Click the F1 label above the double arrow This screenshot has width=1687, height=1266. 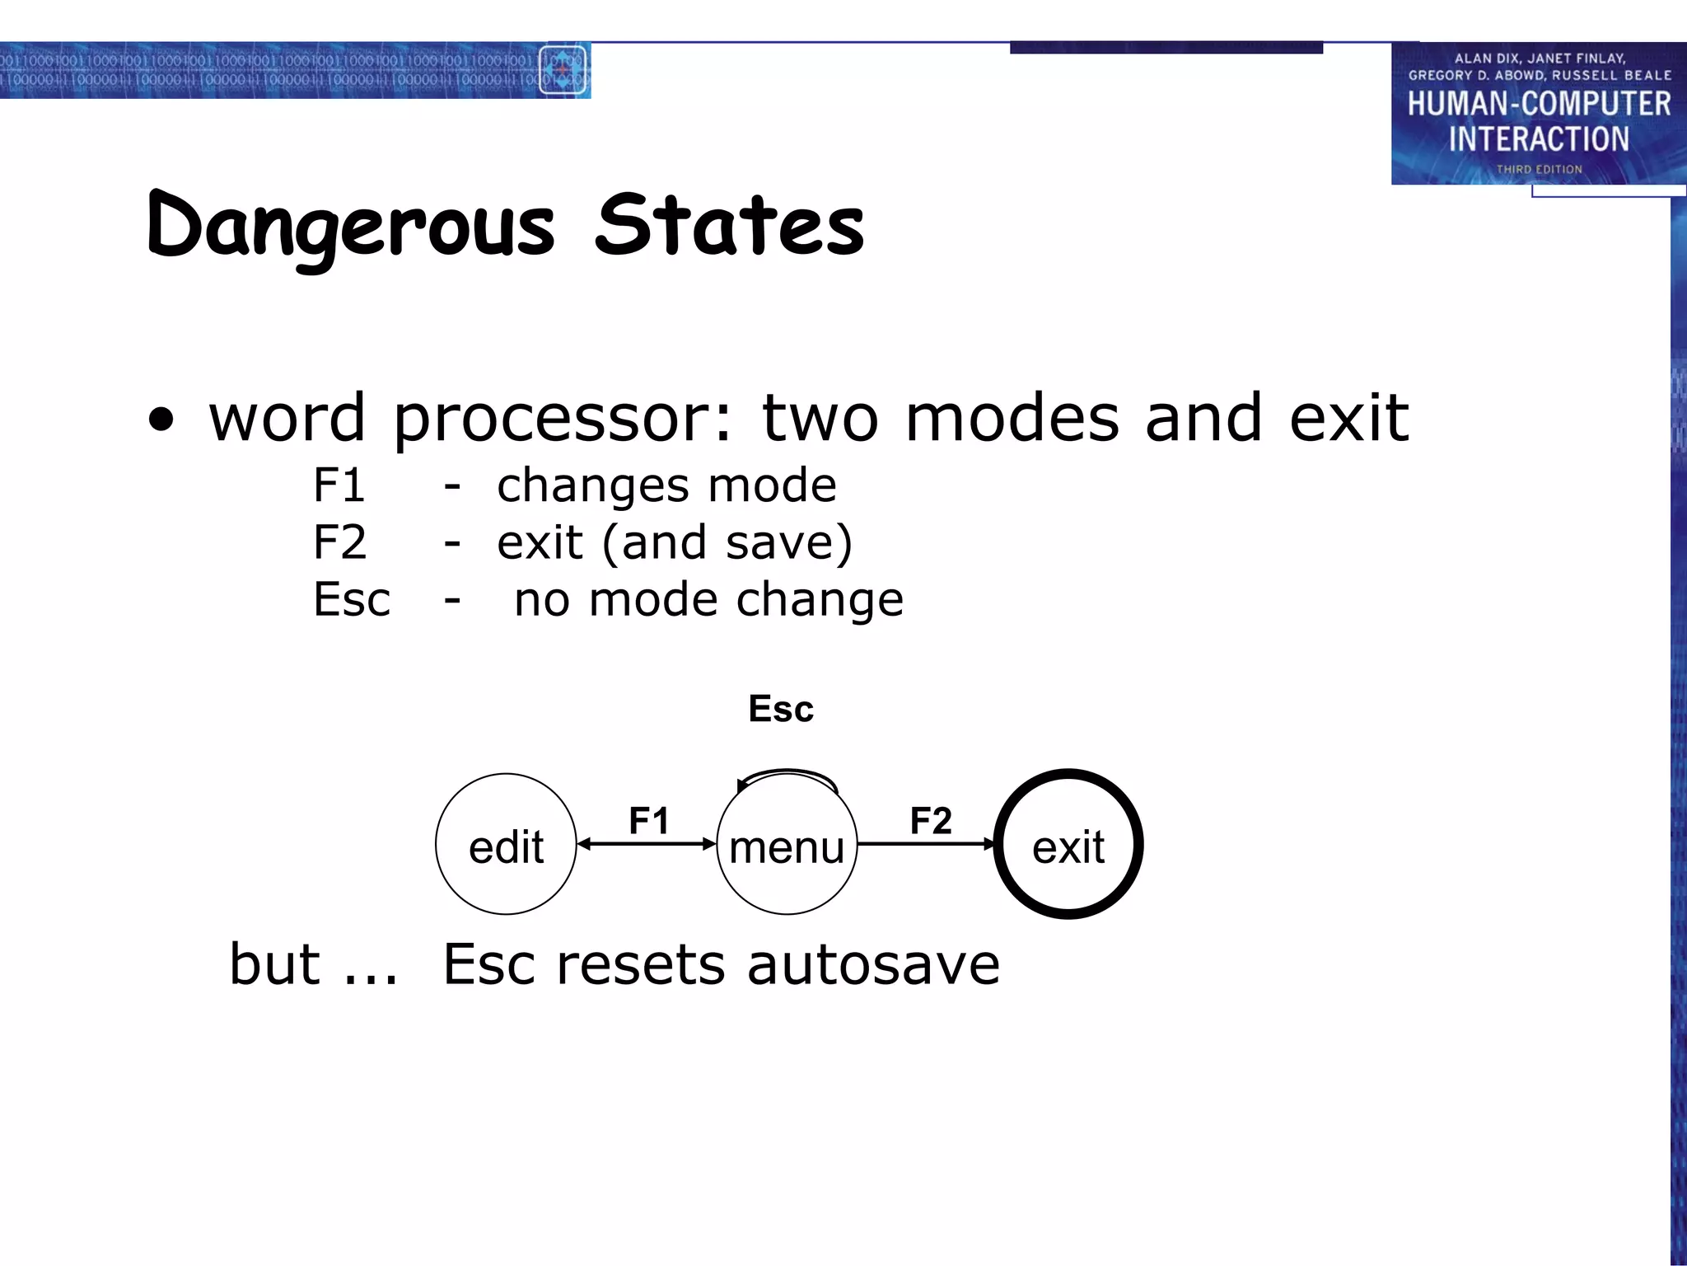[x=649, y=820]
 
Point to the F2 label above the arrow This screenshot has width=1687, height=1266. [x=931, y=820]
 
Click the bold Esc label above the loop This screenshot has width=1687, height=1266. [x=781, y=709]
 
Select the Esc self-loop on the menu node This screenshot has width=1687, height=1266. [x=787, y=776]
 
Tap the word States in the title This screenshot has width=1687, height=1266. [x=730, y=224]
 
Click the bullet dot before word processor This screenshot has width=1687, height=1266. [x=162, y=420]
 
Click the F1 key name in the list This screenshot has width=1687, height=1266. [x=339, y=485]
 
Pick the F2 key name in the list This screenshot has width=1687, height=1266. [x=339, y=542]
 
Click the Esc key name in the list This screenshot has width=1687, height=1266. [x=352, y=599]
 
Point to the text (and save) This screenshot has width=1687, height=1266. [x=727, y=542]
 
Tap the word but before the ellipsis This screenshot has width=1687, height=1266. [x=274, y=964]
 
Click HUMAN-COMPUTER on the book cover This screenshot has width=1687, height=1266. [x=1539, y=104]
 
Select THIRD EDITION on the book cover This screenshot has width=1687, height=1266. [x=1539, y=169]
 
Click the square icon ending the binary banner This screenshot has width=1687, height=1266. [x=563, y=70]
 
